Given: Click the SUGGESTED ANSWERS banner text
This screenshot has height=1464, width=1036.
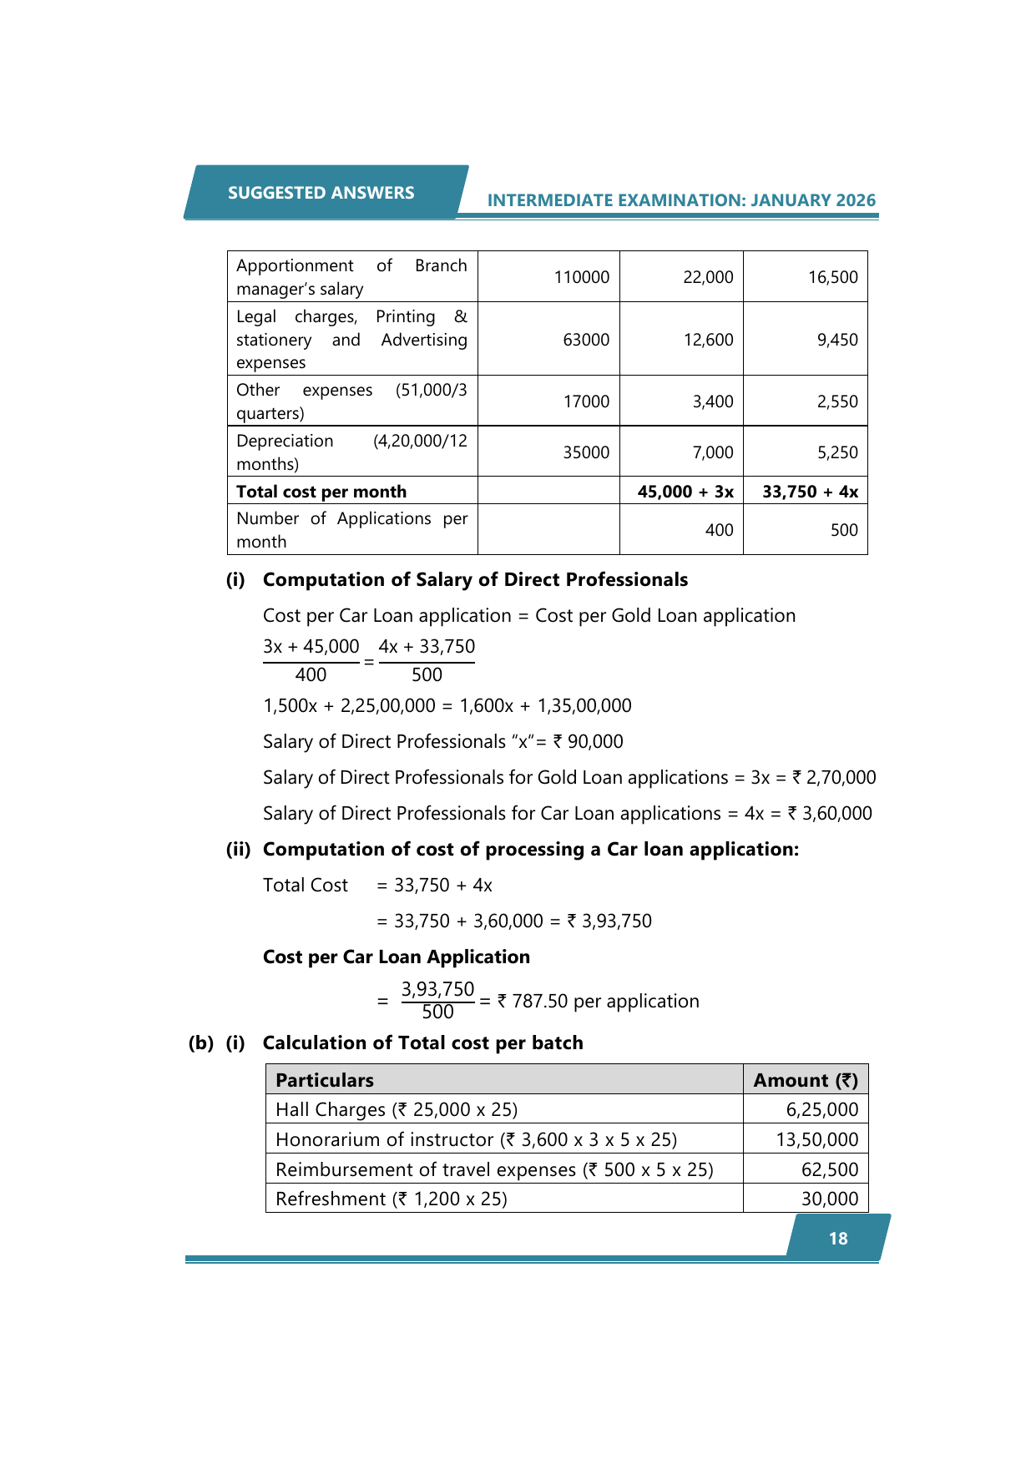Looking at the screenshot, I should pos(321,193).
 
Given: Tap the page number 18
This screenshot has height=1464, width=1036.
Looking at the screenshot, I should pos(838,1239).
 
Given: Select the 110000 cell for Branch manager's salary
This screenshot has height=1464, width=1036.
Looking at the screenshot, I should pos(581,277).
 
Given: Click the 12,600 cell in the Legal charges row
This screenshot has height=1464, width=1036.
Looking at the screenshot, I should pos(708,340).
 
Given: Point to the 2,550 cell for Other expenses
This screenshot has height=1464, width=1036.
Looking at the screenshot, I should pos(837,401).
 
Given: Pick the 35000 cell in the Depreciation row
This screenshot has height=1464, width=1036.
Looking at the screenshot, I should pos(586,452).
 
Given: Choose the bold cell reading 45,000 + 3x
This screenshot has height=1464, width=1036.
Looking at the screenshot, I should pos(685,492).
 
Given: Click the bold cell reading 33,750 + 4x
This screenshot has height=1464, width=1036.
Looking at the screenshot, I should pos(810,492).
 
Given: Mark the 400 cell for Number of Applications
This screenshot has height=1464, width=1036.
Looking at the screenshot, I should pos(719,530).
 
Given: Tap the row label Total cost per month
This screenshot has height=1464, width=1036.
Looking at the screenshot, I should pos(321,492).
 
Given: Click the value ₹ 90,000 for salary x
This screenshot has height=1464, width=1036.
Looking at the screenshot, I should pos(589,741).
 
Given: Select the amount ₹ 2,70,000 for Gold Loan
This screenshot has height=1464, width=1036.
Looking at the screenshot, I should pos(834,777).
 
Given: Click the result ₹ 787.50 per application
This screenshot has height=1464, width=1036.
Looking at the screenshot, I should pos(598,1001).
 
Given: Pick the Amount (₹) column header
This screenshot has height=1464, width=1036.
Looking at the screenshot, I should pos(806,1080).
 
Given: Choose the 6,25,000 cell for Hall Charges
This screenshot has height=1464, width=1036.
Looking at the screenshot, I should pos(821,1109).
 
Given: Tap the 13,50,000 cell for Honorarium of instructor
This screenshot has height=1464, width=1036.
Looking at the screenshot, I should pos(816,1139).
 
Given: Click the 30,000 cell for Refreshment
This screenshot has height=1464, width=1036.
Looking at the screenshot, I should pos(829,1199).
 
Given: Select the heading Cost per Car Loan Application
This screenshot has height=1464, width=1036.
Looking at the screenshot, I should pos(397,957).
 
